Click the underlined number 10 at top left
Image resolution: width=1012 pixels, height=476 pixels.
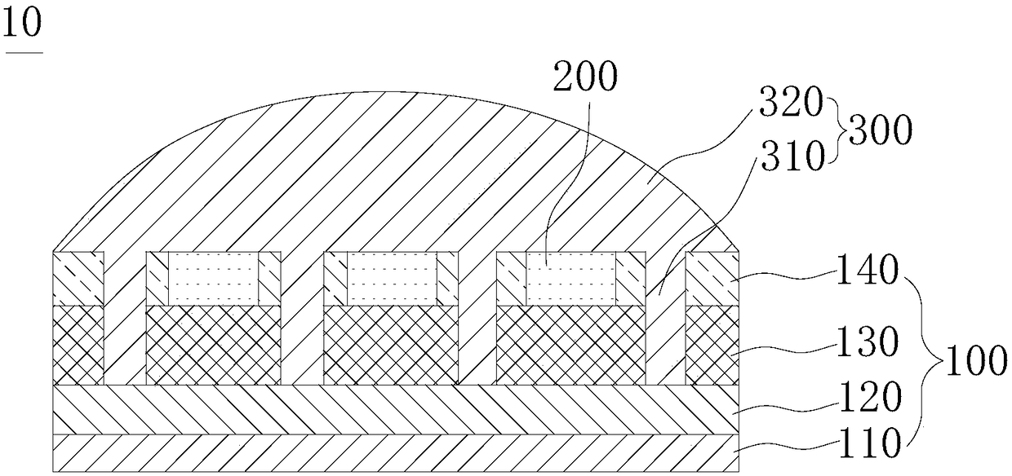[22, 24]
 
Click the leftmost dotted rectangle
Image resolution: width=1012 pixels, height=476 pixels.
[214, 278]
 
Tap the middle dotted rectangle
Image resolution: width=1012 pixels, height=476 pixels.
[392, 278]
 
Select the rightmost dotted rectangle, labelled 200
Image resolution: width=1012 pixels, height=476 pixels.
[570, 278]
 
